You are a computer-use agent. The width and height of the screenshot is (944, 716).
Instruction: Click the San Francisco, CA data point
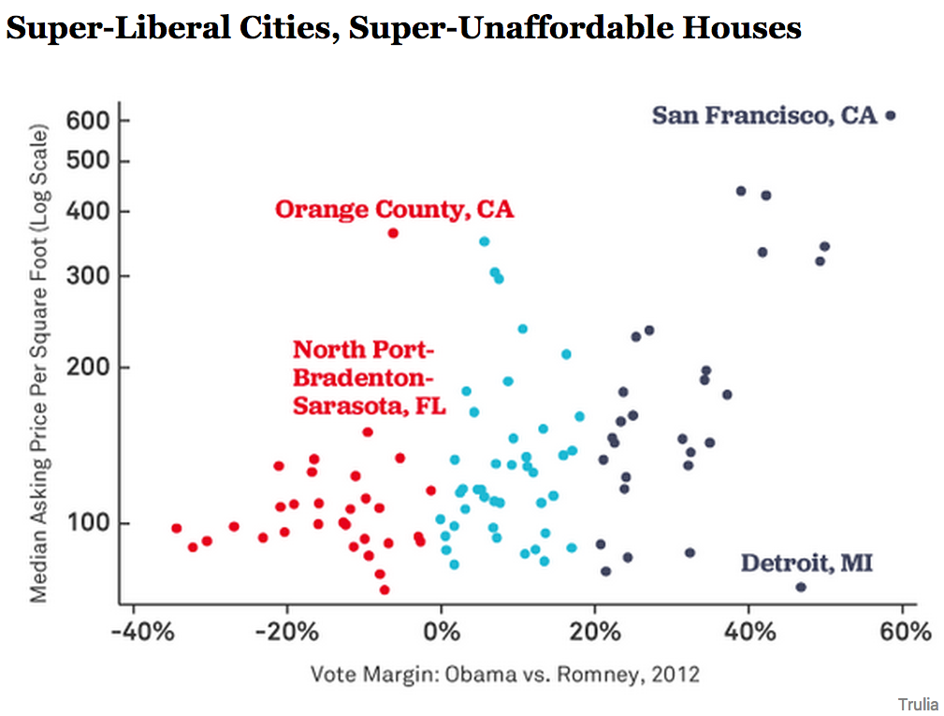click(x=890, y=115)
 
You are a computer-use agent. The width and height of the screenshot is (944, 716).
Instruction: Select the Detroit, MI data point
click(x=800, y=587)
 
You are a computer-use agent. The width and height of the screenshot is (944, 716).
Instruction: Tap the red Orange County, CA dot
click(x=393, y=233)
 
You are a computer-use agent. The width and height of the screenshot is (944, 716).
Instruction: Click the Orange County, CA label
click(x=394, y=209)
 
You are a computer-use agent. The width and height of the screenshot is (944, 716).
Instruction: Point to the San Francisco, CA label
click(x=764, y=115)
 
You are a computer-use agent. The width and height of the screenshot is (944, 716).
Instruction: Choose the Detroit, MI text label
click(x=806, y=563)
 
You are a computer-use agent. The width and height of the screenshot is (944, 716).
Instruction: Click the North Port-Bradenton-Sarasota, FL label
click(x=369, y=378)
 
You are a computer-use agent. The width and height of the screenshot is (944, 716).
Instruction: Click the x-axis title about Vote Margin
click(x=505, y=674)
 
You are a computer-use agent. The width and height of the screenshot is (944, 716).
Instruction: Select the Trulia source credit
click(x=918, y=703)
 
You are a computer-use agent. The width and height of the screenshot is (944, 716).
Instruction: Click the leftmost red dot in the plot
click(x=176, y=528)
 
